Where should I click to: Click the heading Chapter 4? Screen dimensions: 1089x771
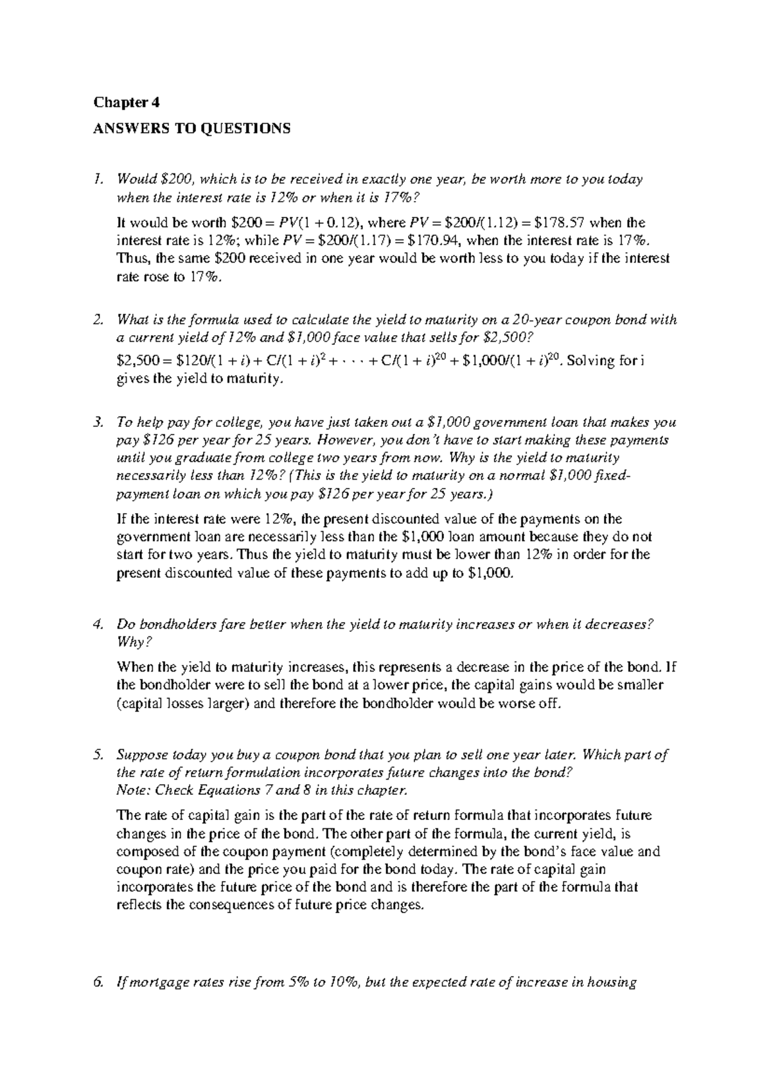[127, 103]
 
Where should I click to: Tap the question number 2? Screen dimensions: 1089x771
[98, 320]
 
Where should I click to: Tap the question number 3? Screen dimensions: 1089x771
[98, 423]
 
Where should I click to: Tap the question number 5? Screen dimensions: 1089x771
[98, 754]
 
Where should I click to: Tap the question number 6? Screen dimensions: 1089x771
[98, 982]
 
